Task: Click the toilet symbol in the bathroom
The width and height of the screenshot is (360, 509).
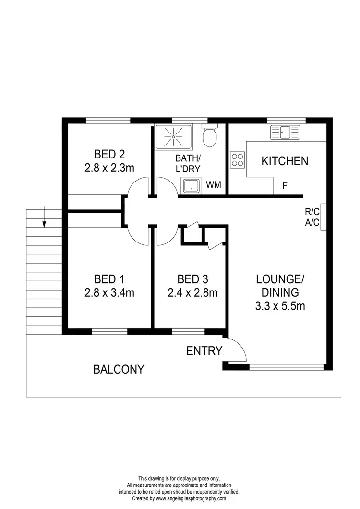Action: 209,136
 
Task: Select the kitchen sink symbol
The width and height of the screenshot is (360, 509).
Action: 285,131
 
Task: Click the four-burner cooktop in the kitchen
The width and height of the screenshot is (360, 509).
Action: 238,159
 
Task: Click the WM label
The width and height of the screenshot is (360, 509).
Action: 214,185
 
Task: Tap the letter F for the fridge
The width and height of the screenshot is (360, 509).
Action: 285,185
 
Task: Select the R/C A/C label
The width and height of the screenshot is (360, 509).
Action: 310,216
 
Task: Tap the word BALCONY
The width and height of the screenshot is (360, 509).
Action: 119,369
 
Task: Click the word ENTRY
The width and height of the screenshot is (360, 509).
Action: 204,351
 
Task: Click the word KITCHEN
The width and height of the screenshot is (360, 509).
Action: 285,161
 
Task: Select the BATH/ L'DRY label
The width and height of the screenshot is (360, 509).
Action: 188,163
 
